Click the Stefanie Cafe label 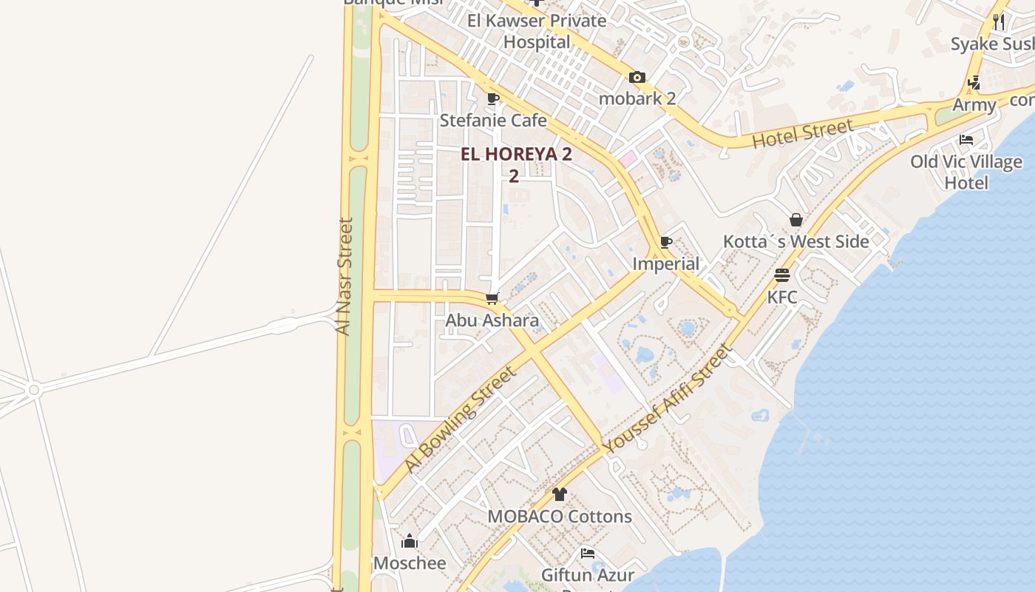[493, 120]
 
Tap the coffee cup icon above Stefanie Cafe [493, 98]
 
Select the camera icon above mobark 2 [637, 77]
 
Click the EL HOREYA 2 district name [516, 155]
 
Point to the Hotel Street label [802, 134]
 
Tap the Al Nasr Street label [345, 276]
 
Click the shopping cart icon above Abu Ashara [492, 299]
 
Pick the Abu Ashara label [492, 320]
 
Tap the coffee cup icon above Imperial [666, 242]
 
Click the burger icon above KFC [782, 275]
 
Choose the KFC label [782, 297]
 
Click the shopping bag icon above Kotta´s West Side [796, 220]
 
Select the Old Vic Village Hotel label [966, 172]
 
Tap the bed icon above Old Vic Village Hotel [966, 139]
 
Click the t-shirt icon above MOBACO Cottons [560, 494]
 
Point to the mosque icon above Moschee [410, 542]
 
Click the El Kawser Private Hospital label [537, 31]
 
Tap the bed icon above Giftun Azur [588, 553]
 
